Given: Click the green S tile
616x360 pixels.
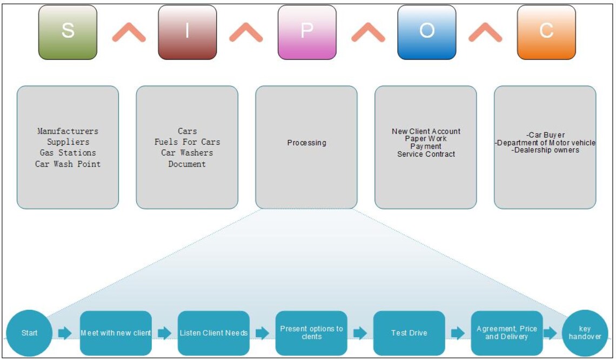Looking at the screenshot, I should [x=68, y=32].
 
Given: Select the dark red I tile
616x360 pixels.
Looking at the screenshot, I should [x=187, y=32].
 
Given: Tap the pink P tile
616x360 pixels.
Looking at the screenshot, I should [x=307, y=32].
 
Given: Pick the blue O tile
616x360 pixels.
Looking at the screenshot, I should [x=426, y=32].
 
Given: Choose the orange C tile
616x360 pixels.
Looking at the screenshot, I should [x=546, y=32].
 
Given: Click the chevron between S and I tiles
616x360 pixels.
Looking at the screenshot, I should [x=129, y=34].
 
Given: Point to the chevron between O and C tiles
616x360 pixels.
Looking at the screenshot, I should [x=485, y=34].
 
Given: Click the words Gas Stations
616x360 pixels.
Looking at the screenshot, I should [x=68, y=153].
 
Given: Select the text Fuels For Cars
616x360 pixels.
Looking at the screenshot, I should [x=187, y=142].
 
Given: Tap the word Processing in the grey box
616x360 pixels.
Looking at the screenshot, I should [x=306, y=143].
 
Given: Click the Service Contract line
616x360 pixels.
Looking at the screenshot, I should [x=426, y=154].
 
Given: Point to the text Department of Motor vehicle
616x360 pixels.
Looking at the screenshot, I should [x=545, y=143].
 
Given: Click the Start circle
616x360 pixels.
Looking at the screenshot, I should [x=29, y=333].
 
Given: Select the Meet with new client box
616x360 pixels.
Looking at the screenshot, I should [x=116, y=333].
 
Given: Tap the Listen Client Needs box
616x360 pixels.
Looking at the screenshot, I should [x=213, y=333].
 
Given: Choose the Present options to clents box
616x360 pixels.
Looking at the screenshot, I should [x=311, y=333].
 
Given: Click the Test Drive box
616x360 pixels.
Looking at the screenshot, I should [x=409, y=333].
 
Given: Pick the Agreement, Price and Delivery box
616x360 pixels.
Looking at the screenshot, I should [x=507, y=333].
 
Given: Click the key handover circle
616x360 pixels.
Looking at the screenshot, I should [x=585, y=333].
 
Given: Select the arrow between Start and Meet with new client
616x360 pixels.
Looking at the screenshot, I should [x=65, y=333].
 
